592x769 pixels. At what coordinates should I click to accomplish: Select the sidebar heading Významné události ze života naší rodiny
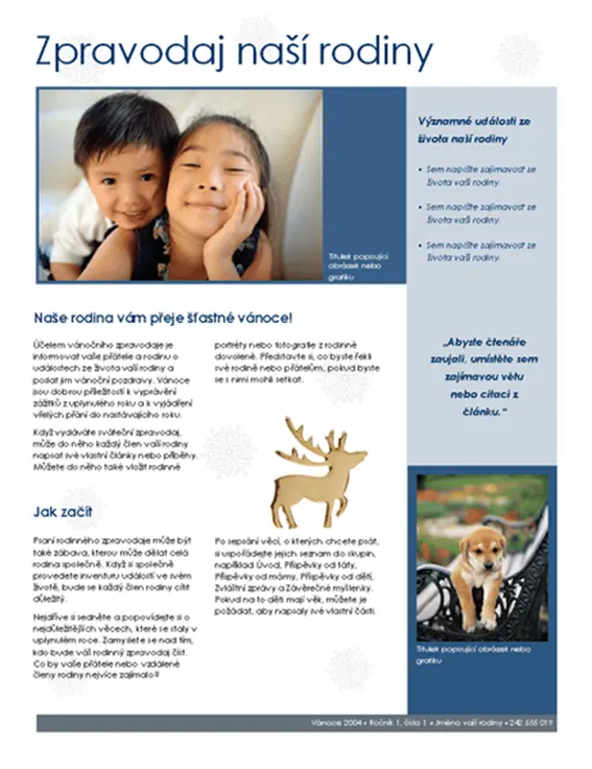pos(475,130)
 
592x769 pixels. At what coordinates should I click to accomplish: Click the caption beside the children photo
pos(358,266)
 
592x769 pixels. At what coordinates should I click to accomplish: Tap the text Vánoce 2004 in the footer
pos(335,722)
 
